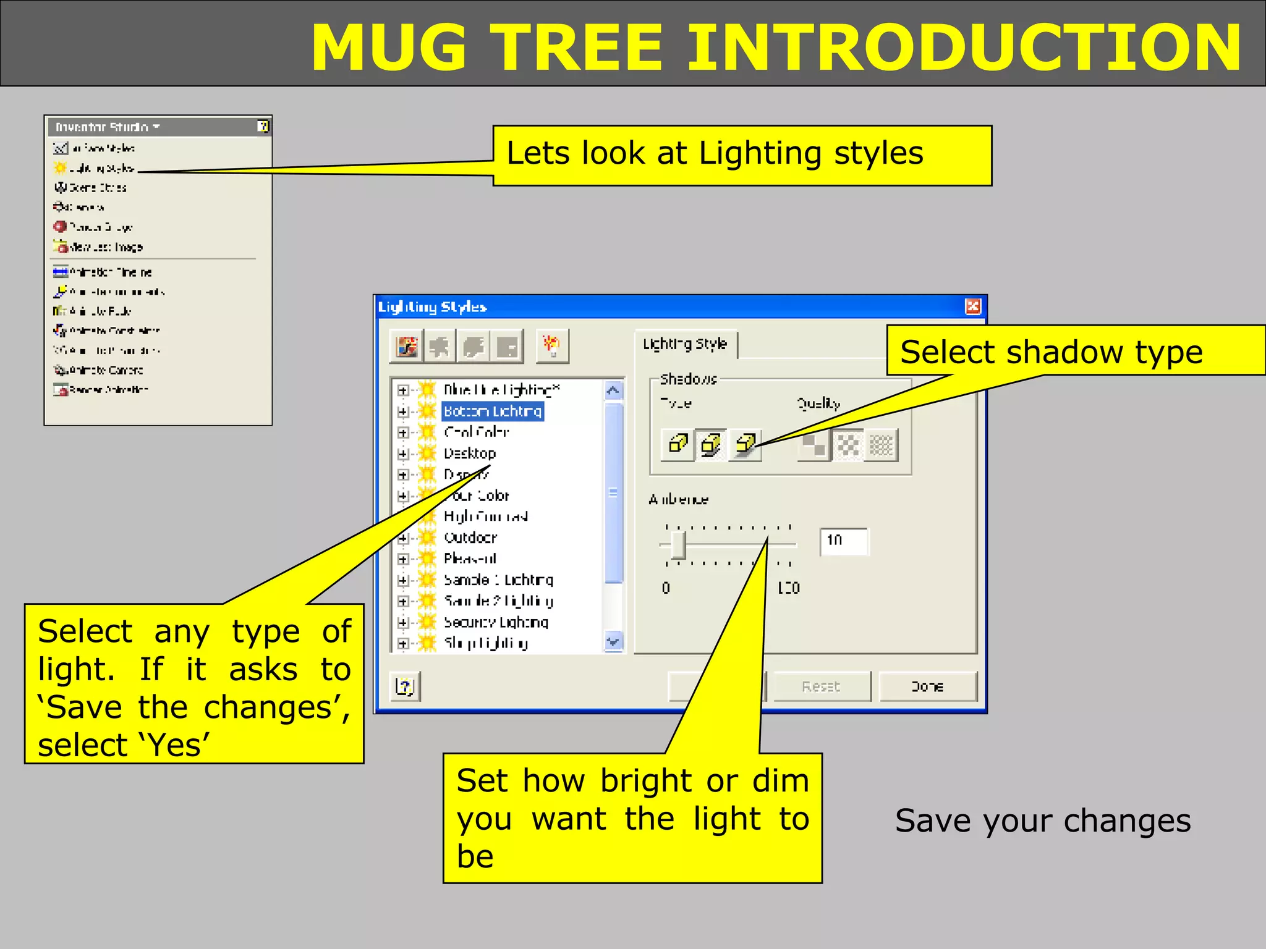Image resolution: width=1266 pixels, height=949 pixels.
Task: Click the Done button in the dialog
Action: (x=927, y=686)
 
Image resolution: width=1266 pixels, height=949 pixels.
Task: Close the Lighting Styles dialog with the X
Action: (x=972, y=306)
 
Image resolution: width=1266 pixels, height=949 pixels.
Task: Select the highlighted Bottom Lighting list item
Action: (x=493, y=411)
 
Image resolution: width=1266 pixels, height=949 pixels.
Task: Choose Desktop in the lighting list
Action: (x=470, y=453)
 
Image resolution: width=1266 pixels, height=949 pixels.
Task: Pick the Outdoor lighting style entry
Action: (x=470, y=538)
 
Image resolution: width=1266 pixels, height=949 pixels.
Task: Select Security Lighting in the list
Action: (x=496, y=622)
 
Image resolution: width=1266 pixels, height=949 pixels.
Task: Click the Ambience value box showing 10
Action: (x=843, y=541)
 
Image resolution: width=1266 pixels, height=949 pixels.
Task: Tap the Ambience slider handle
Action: (x=678, y=545)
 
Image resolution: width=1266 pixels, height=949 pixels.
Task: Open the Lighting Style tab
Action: (x=685, y=344)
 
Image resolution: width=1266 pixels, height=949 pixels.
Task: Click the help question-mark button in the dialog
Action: (x=405, y=686)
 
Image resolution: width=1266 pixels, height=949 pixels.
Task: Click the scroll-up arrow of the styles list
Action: (x=613, y=390)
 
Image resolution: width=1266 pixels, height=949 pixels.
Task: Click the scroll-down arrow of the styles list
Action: (x=613, y=642)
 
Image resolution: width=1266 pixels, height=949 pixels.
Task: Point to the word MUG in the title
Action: (x=389, y=48)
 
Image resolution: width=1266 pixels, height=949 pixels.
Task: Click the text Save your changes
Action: (x=1043, y=821)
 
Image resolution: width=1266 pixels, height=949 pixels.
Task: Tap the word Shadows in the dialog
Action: (x=688, y=379)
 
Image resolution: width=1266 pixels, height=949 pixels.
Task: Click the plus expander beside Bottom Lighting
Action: (x=403, y=411)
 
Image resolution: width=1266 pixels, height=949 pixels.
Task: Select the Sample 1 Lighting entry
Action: (x=498, y=580)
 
